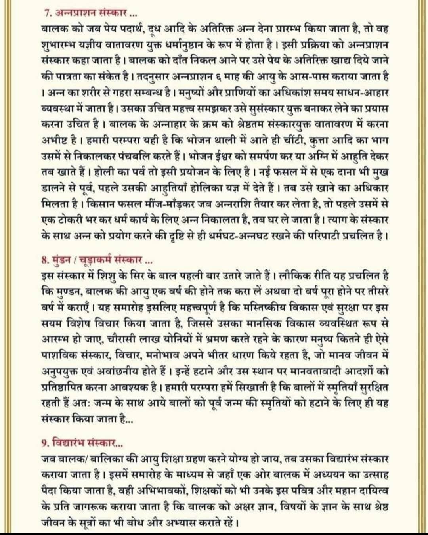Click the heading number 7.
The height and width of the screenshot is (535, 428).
point(46,15)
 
